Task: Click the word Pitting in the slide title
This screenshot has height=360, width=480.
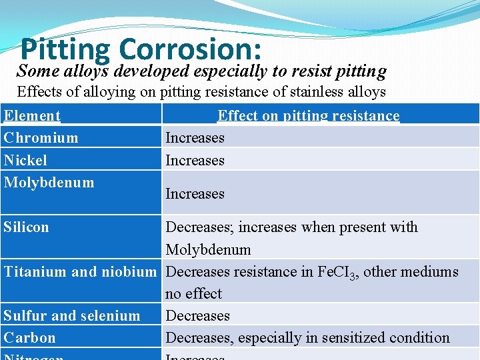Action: click(x=66, y=49)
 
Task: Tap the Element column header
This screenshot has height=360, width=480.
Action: click(x=32, y=116)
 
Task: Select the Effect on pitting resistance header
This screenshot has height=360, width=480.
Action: click(x=309, y=116)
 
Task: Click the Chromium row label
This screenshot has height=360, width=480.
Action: click(x=41, y=138)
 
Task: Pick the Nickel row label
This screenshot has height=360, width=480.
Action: click(x=25, y=160)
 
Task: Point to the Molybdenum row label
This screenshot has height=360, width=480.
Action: click(x=49, y=182)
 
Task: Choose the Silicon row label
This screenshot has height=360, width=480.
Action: click(x=27, y=227)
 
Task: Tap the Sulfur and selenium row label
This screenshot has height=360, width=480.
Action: click(x=72, y=315)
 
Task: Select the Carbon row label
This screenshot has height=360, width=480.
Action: click(x=30, y=337)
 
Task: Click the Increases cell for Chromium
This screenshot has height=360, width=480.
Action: click(x=195, y=138)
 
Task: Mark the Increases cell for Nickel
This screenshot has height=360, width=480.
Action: click(x=195, y=160)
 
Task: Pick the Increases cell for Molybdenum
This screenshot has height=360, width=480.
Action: click(x=195, y=194)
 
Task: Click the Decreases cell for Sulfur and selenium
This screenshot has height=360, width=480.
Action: click(x=197, y=315)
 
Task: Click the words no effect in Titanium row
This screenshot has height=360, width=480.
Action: click(x=193, y=293)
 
